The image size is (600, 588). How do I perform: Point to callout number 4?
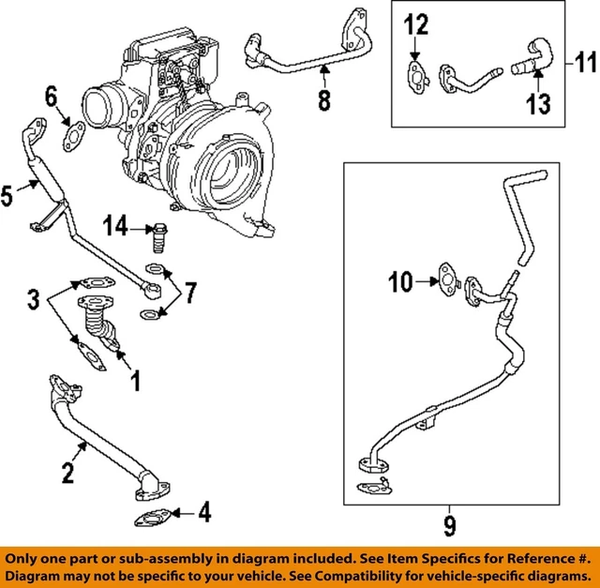point(204,513)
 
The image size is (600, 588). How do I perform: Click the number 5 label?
point(8,195)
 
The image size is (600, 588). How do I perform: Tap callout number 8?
point(323,99)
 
